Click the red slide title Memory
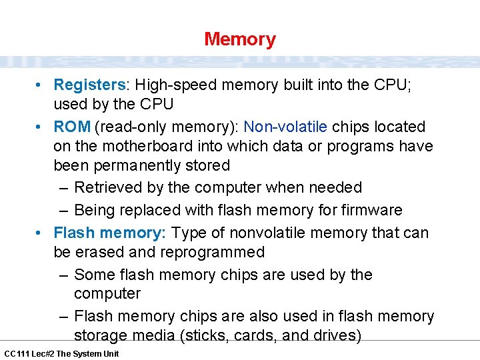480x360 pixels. tap(240, 39)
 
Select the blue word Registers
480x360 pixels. tap(89, 85)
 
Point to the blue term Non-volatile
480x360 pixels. tap(285, 127)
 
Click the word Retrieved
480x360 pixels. tap(108, 188)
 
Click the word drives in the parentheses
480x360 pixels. tap(335, 335)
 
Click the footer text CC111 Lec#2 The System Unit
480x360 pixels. tap(61, 353)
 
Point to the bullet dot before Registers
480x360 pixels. tap(41, 85)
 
